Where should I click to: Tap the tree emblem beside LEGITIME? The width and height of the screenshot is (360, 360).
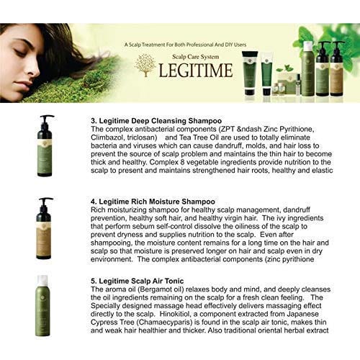pyautogui.click(x=145, y=66)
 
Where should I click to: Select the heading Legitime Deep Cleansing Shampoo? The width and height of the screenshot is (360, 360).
pyautogui.click(x=161, y=121)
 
